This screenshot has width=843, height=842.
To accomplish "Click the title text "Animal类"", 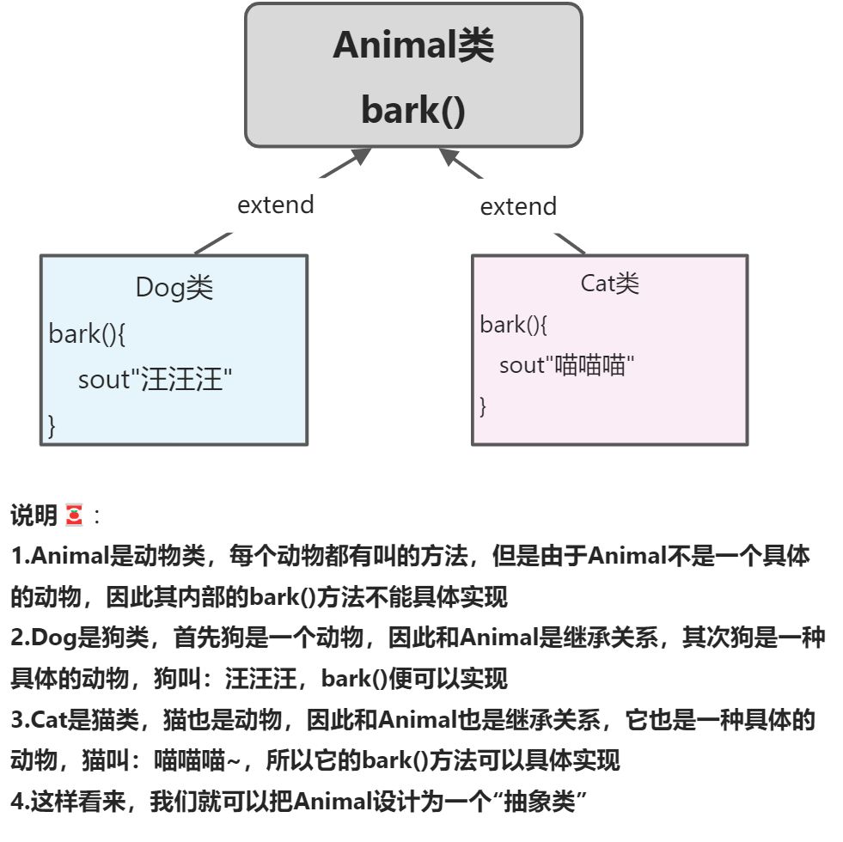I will (413, 46).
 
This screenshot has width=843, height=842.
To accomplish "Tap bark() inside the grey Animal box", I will (413, 111).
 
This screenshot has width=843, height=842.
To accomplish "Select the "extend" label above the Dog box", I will (276, 204).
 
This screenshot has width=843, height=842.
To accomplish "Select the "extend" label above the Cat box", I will (518, 206).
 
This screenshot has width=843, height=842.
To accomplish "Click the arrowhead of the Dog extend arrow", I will (361, 156).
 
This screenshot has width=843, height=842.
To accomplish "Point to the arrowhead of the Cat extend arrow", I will (449, 156).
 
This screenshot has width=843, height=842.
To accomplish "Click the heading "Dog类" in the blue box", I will (174, 288).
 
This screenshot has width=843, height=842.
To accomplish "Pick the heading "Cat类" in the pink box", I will (610, 283).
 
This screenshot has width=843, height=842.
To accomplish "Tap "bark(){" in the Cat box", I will (514, 325).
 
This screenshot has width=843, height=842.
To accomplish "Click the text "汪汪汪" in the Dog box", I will (181, 379).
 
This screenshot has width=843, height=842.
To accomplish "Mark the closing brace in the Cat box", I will (483, 406).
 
